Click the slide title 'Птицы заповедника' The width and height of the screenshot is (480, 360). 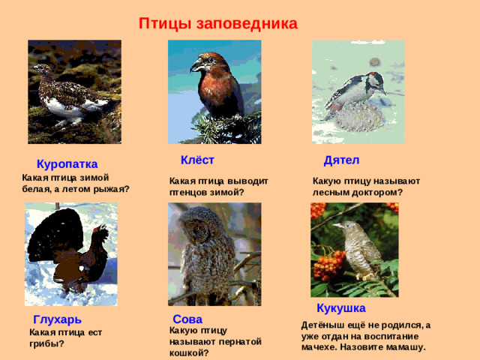[218, 23]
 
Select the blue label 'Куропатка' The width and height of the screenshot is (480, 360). [67, 164]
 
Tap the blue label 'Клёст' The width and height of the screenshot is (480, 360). [197, 160]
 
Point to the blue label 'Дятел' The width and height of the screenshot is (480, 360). [341, 160]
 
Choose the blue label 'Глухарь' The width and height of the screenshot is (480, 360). [58, 320]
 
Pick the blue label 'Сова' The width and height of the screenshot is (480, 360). [187, 319]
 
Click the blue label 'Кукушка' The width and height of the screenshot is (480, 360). [341, 308]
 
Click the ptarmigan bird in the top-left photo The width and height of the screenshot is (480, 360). [64, 94]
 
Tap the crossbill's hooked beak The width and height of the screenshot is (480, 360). [196, 66]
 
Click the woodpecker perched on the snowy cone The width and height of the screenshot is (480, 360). [356, 90]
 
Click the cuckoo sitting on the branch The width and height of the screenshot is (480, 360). [360, 247]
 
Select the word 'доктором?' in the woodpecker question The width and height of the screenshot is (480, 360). [381, 192]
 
